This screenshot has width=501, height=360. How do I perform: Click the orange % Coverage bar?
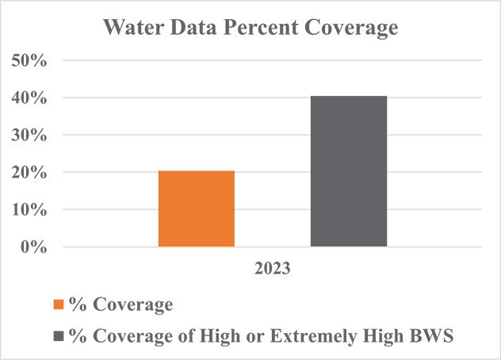[197, 209]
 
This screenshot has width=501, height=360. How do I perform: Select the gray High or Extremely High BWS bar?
[349, 171]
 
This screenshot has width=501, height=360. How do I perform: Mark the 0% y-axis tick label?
[35, 247]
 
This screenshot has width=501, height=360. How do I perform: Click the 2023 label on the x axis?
[272, 269]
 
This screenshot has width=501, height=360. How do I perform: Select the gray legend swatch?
[59, 337]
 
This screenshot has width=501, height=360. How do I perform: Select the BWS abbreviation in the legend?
[433, 336]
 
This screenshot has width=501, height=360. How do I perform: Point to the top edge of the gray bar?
[349, 97]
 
